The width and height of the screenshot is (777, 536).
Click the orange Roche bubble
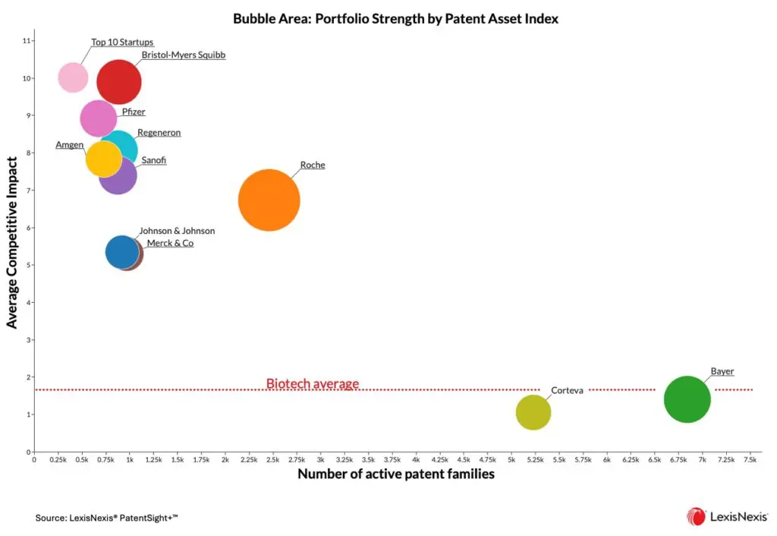[x=269, y=200]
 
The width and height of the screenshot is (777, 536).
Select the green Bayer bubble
[x=687, y=399]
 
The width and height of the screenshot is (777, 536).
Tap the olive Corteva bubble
[x=533, y=412]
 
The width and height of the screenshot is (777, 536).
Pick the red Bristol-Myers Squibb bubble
[x=119, y=81]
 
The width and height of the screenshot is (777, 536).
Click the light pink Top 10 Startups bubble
[x=73, y=77]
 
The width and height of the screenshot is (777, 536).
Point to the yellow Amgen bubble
[x=103, y=159]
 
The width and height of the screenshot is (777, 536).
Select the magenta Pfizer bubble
[x=98, y=118]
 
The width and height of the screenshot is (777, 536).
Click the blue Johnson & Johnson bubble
[x=121, y=252]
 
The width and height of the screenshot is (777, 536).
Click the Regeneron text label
[x=159, y=133]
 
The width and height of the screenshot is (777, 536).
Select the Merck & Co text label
[x=170, y=243]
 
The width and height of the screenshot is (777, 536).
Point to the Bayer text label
[x=722, y=371]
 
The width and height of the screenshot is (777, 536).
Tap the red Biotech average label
[x=312, y=383]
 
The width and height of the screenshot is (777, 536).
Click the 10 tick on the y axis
[x=27, y=78]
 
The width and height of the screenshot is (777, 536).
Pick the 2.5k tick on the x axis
[x=272, y=460]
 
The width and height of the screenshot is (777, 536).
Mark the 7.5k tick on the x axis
[x=750, y=460]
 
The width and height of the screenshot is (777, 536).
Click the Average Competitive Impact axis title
[x=11, y=243]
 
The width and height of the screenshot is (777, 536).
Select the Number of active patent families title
[x=395, y=475]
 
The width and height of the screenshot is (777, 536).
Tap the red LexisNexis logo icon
[x=696, y=517]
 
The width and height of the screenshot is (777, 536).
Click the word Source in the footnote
[x=49, y=518]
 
